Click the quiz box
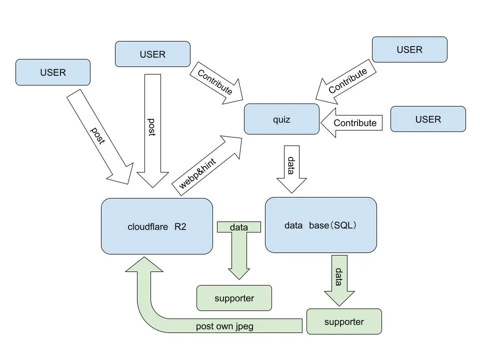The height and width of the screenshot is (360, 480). (x=281, y=119)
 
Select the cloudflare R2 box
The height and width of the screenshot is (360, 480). (x=157, y=226)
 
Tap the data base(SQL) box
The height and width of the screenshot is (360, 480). (x=320, y=225)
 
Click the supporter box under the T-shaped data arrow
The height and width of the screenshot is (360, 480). (x=234, y=298)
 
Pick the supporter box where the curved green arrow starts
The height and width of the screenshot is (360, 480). (x=344, y=321)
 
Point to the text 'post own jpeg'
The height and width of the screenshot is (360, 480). (x=224, y=326)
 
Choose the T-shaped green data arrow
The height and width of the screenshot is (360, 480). (x=239, y=250)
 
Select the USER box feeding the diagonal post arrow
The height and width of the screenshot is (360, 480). (x=53, y=72)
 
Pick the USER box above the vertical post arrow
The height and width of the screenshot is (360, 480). (x=152, y=54)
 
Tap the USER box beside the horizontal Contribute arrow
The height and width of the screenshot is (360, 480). (x=428, y=119)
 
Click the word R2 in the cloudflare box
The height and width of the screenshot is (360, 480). (x=180, y=226)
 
